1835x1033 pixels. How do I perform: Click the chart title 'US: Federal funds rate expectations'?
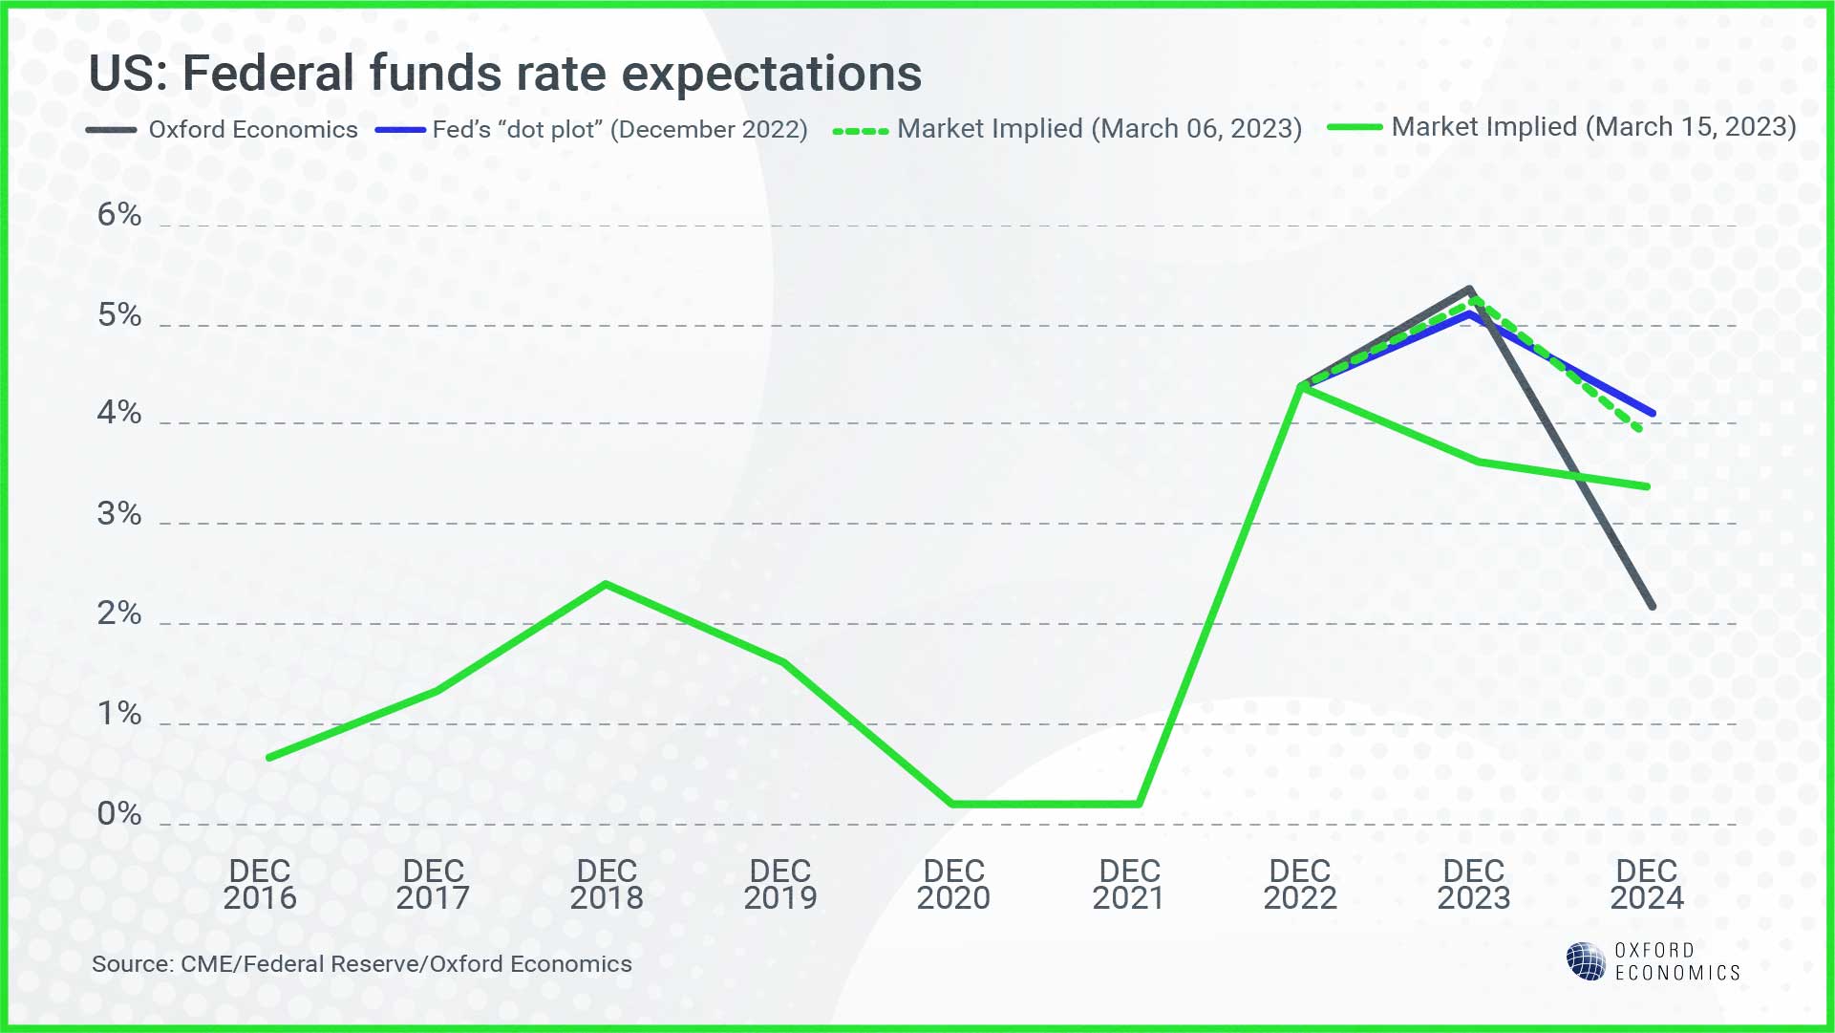[504, 74]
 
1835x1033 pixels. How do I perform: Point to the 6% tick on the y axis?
[119, 215]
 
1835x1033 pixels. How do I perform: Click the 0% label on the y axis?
[119, 814]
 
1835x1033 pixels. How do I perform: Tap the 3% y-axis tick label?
[119, 515]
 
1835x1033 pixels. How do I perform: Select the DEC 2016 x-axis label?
[260, 885]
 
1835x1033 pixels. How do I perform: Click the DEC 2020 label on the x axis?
[953, 885]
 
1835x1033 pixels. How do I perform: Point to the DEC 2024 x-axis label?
[1647, 885]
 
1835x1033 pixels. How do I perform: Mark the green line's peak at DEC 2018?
[607, 584]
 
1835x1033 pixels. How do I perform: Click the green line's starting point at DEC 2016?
[269, 758]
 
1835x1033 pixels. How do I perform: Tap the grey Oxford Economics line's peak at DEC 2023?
[1469, 290]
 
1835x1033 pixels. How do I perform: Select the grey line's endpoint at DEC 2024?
[1652, 606]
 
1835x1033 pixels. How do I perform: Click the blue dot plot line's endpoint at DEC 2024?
[1653, 413]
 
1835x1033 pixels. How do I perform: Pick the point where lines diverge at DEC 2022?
[1301, 386]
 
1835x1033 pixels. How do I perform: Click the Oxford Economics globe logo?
[1586, 961]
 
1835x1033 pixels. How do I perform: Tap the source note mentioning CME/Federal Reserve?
[361, 964]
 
